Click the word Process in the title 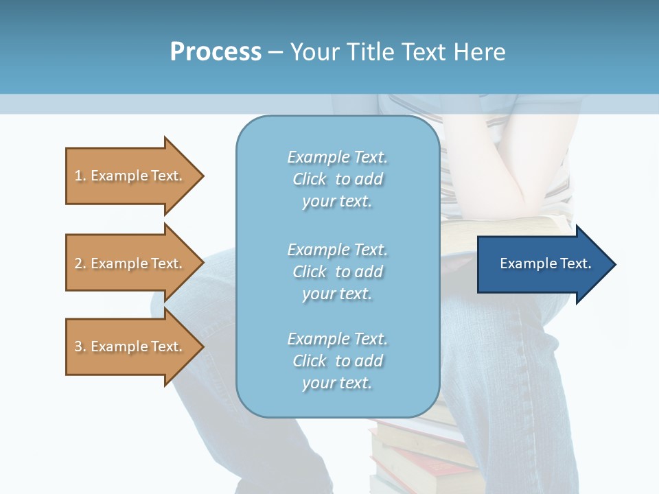pyautogui.click(x=216, y=52)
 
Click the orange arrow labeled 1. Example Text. pyautogui.click(x=130, y=176)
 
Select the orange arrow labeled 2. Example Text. pyautogui.click(x=130, y=263)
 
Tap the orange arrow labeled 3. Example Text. pyautogui.click(x=130, y=346)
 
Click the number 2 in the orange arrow pyautogui.click(x=78, y=263)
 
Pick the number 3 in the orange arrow pyautogui.click(x=78, y=346)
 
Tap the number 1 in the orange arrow pyautogui.click(x=78, y=176)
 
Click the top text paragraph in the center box pyautogui.click(x=337, y=179)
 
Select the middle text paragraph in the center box pyautogui.click(x=337, y=272)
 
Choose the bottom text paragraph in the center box pyautogui.click(x=337, y=361)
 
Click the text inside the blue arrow pyautogui.click(x=545, y=263)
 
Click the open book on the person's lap pyautogui.click(x=481, y=233)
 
